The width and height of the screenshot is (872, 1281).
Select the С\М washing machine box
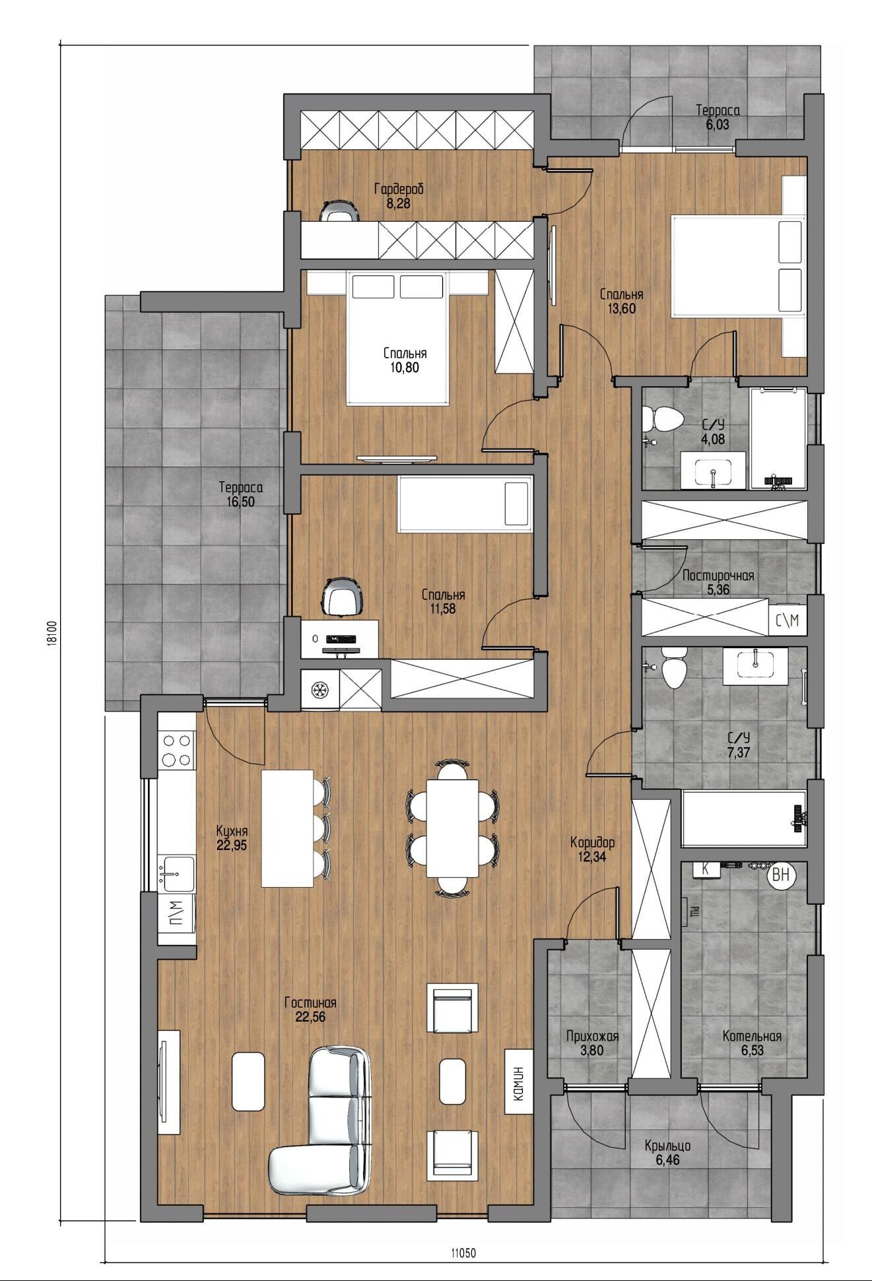pos(788,620)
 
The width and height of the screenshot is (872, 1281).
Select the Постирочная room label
pos(718,575)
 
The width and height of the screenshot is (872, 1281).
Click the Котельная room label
pos(752,1036)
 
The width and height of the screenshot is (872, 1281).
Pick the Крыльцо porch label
pos(668,1146)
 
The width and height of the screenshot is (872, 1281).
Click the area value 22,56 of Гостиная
pos(310,1017)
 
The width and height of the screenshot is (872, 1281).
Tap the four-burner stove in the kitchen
pos(177,750)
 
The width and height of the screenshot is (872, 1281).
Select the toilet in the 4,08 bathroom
pos(663,418)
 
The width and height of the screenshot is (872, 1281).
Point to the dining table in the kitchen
pos(452,828)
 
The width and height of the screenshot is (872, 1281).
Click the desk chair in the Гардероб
pos(340,210)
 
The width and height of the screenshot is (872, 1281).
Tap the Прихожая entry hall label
pos(592,1036)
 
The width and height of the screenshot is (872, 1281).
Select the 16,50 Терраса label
pos(241,494)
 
